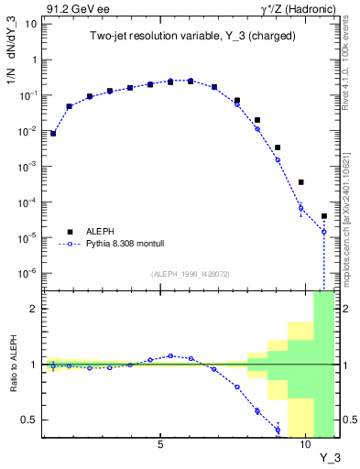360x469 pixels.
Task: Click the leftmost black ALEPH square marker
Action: [x=53, y=133]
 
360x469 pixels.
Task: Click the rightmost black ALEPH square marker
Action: [x=324, y=216]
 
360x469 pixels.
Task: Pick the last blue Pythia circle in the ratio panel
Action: [x=278, y=430]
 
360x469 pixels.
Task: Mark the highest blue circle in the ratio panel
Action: [x=170, y=355]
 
